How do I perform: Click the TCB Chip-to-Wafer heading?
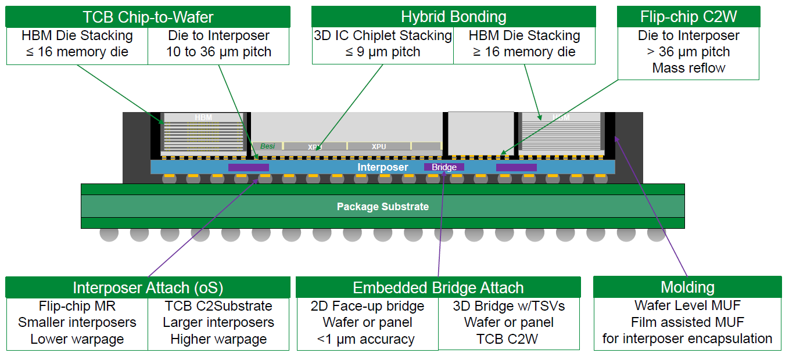click(148, 17)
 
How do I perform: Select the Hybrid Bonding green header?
click(453, 17)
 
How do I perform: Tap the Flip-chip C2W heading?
click(688, 17)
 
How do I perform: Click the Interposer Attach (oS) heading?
click(148, 287)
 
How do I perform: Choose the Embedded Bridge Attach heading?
click(438, 287)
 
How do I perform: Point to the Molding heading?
click(687, 287)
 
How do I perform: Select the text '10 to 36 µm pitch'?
click(218, 52)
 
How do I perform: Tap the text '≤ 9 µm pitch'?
click(383, 52)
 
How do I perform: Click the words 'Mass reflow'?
click(688, 68)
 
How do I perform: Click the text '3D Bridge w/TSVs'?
click(508, 306)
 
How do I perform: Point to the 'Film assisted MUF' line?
click(687, 322)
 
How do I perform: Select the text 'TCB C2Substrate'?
click(218, 306)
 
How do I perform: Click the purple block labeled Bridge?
click(444, 167)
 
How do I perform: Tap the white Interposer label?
click(382, 167)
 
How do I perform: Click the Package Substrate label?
click(382, 207)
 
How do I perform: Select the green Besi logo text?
click(267, 146)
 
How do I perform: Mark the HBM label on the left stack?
click(203, 118)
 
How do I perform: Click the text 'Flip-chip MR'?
click(77, 306)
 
